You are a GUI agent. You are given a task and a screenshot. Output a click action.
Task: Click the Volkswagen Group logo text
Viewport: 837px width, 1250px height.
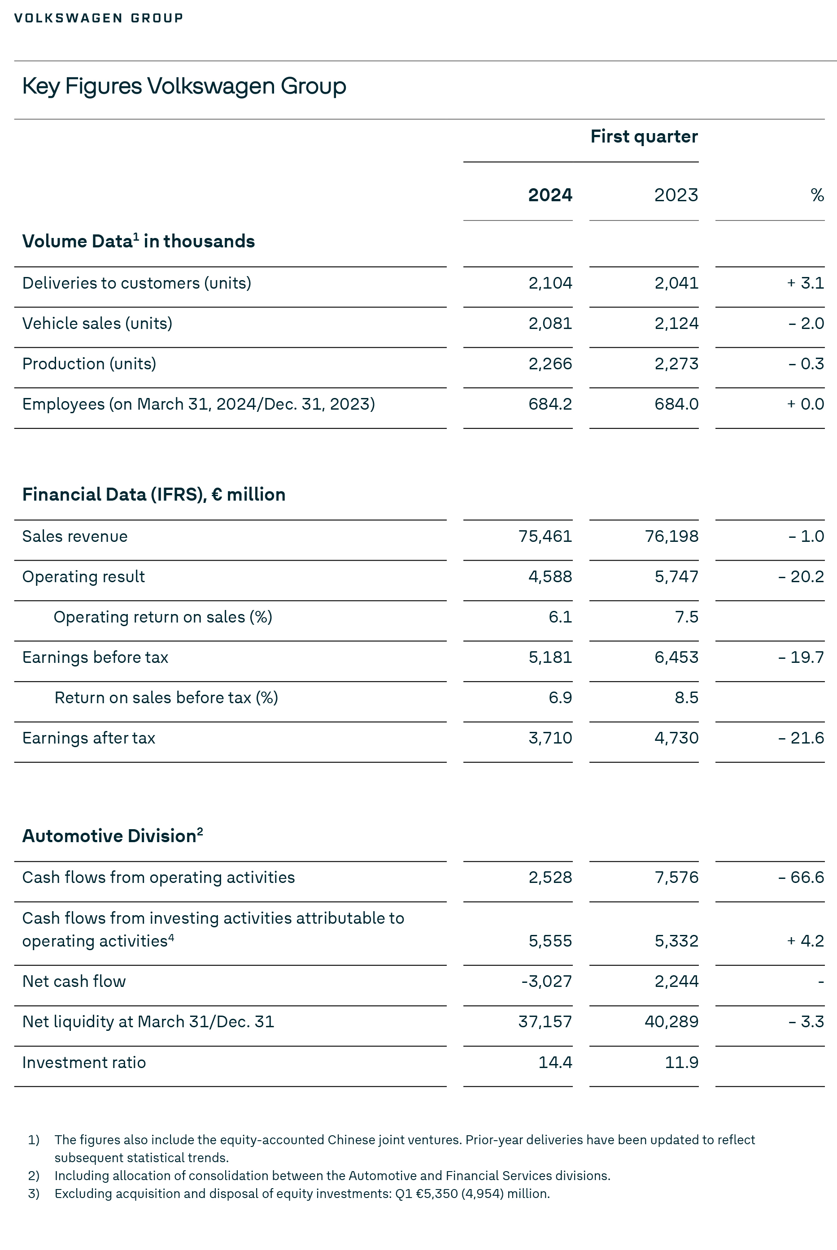point(98,18)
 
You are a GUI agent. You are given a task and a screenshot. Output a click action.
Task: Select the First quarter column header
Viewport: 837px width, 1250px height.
point(644,137)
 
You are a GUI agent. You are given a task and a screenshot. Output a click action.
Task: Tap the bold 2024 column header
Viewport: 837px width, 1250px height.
point(550,195)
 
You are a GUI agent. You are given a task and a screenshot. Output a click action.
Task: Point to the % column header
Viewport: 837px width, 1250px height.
point(817,195)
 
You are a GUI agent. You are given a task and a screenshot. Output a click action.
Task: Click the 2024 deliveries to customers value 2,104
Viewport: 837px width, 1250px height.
point(550,283)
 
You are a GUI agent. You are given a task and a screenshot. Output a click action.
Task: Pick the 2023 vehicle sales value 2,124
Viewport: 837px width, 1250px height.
point(676,324)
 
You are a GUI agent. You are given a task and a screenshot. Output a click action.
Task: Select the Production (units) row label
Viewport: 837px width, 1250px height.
point(89,363)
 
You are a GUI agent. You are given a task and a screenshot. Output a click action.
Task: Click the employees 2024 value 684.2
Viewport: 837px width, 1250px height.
point(550,404)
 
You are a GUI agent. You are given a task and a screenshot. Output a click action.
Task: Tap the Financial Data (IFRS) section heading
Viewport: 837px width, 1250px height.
point(154,494)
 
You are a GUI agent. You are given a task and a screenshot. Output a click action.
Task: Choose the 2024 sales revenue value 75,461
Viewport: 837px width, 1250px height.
point(545,536)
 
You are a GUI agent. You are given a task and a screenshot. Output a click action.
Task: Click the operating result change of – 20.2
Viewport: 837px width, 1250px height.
point(801,577)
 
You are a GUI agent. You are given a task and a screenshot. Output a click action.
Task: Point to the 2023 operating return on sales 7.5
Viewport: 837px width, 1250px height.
point(686,617)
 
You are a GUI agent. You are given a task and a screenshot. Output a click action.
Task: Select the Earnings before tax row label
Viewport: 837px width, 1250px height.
point(95,657)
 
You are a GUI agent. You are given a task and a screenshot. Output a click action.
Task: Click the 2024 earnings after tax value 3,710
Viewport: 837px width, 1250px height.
point(550,738)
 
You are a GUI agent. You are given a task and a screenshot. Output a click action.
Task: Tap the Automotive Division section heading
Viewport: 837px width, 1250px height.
point(112,835)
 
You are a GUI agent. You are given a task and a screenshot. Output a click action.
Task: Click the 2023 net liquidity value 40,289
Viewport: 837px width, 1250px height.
point(671,1022)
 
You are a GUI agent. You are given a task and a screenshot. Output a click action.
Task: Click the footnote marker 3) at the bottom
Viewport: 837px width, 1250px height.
point(34,1194)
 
